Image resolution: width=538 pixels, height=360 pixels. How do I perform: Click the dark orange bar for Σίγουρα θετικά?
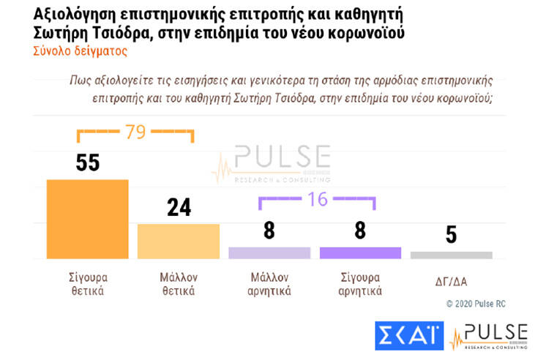point(87,219)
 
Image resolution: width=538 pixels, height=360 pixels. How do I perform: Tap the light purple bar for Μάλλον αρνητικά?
point(269,252)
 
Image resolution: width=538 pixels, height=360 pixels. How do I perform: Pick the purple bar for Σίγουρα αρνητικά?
point(361,252)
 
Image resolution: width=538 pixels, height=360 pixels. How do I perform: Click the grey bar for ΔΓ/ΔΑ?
point(452,255)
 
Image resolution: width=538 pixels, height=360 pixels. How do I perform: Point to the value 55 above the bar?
point(87,162)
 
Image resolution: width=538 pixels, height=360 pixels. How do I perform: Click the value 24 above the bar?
point(179,208)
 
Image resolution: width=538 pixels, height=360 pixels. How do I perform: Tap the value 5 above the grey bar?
point(452,235)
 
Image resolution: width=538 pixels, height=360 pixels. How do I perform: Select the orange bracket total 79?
point(135,132)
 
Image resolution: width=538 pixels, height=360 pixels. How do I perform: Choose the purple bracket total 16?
point(317,199)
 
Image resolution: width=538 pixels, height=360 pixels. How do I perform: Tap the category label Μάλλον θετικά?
point(178,284)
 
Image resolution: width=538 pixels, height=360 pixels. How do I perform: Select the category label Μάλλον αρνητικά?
point(269,284)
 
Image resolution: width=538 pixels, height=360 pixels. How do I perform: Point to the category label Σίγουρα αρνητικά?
point(361,284)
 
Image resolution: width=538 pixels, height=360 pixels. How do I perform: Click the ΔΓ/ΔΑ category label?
point(451,279)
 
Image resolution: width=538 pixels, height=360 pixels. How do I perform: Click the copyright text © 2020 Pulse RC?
point(475,303)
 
